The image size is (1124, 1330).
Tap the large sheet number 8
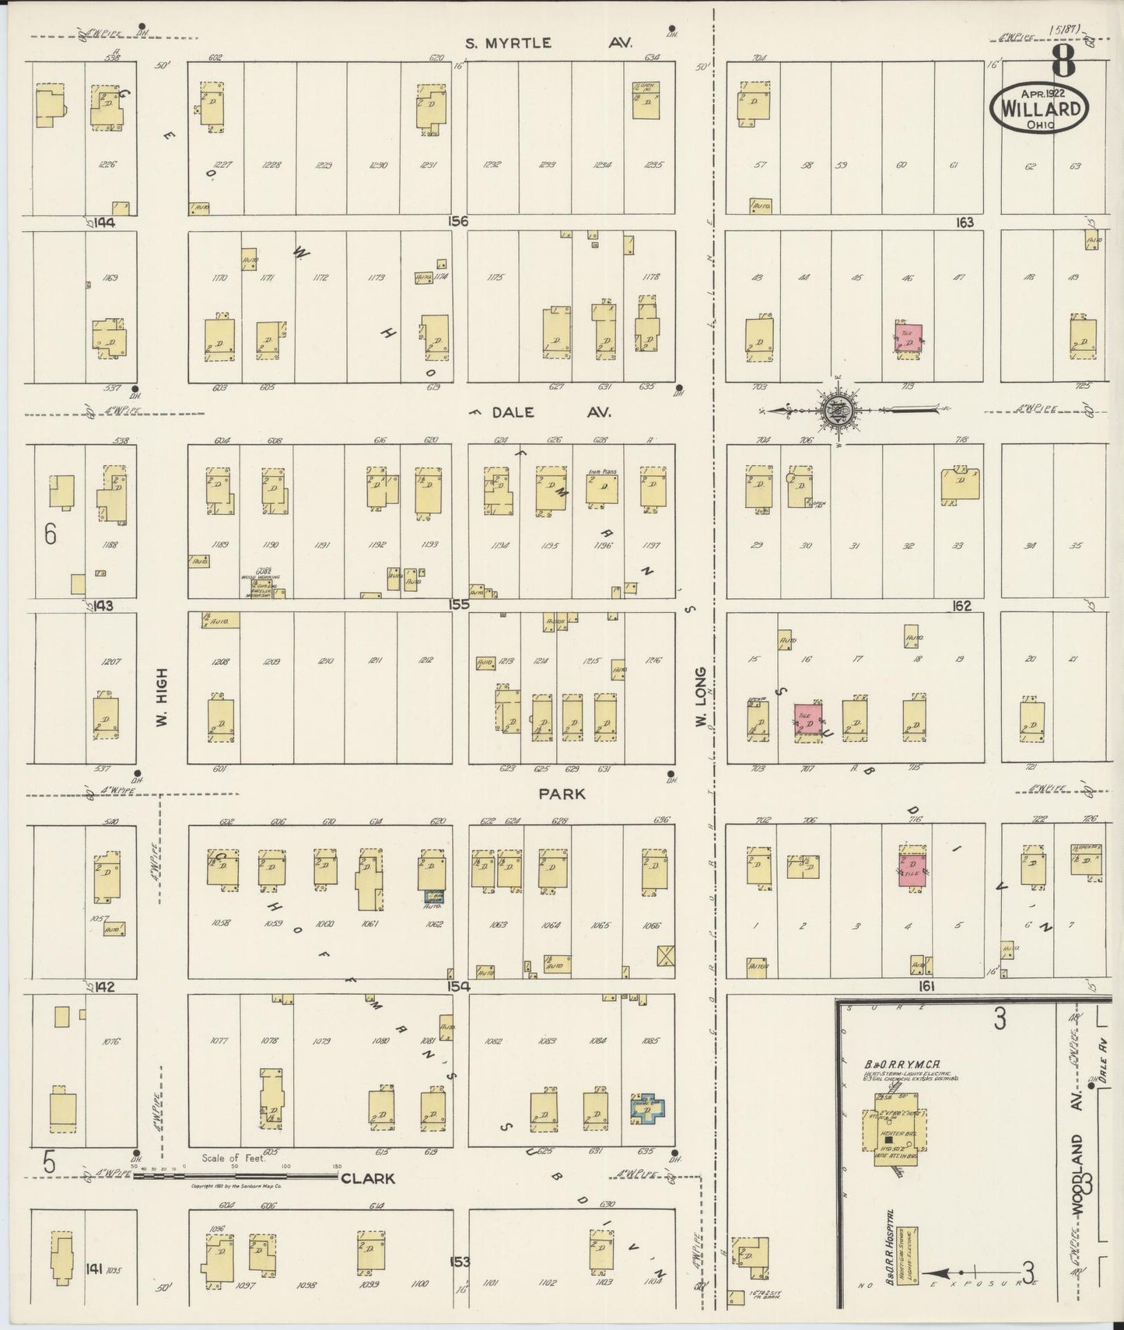tap(1063, 61)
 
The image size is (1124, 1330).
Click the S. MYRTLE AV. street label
tap(548, 44)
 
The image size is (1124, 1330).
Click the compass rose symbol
tap(839, 408)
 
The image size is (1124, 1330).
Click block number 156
tap(458, 222)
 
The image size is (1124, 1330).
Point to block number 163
tap(965, 222)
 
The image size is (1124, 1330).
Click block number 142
tap(104, 987)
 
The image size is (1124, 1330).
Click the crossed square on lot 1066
tap(666, 956)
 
